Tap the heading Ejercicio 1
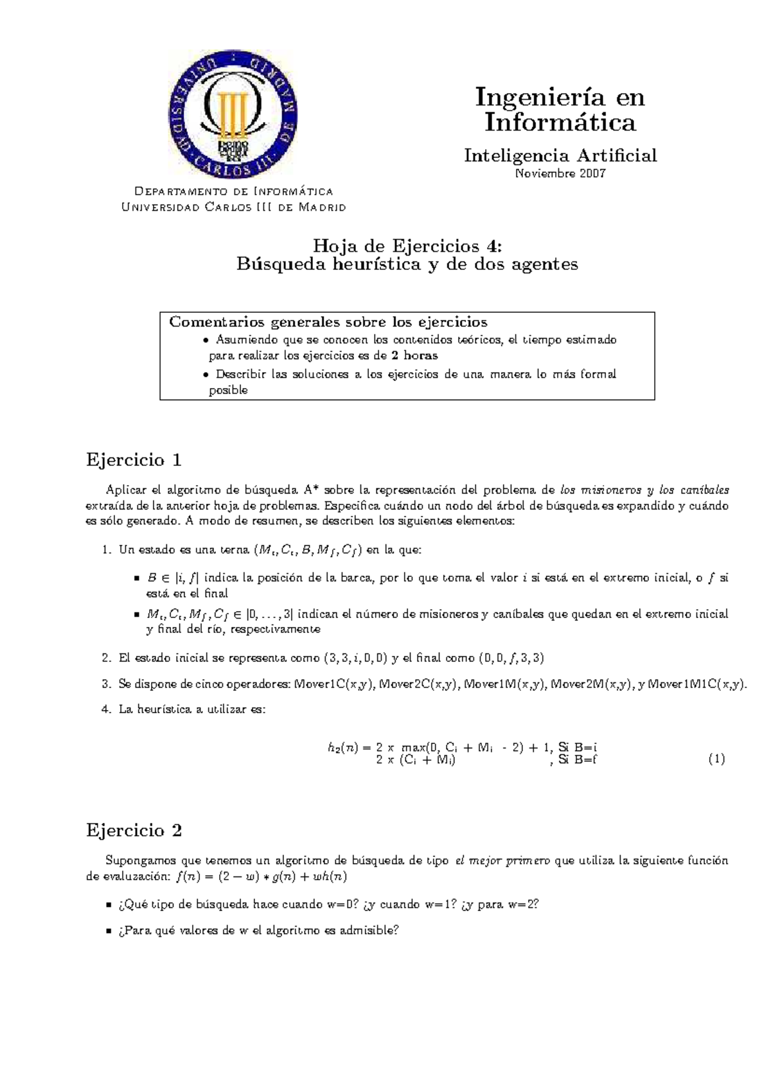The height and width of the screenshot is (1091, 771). [x=134, y=460]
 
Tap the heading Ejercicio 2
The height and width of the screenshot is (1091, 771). [x=134, y=830]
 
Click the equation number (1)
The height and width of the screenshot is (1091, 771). [x=716, y=759]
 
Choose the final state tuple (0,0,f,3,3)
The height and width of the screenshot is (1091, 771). [x=511, y=658]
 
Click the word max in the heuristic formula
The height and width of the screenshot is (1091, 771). [x=415, y=747]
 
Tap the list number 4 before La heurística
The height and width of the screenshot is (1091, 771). [x=106, y=709]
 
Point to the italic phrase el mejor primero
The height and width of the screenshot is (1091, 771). [x=502, y=861]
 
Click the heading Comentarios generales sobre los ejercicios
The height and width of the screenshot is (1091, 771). [x=328, y=322]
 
